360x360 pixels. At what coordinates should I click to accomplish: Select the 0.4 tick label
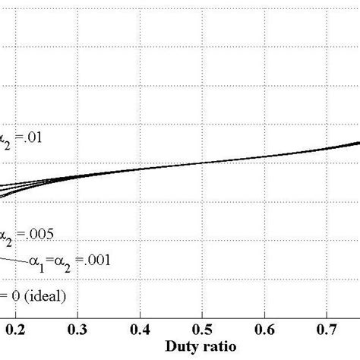(140, 330)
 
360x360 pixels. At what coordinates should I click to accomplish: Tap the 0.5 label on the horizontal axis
(202, 330)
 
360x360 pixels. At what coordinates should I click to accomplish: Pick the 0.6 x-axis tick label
(264, 330)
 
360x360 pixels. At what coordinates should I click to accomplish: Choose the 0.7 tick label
(327, 330)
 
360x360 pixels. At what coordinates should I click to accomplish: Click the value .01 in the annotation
(37, 139)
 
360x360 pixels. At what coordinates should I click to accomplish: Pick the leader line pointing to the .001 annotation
(11, 259)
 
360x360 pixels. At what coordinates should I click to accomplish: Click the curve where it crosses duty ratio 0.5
(202, 162)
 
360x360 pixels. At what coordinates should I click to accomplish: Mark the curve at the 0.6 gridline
(264, 156)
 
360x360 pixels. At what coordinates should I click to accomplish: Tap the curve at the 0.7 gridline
(327, 147)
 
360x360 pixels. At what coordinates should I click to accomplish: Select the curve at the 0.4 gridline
(140, 169)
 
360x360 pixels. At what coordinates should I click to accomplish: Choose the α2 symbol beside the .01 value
(6, 140)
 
